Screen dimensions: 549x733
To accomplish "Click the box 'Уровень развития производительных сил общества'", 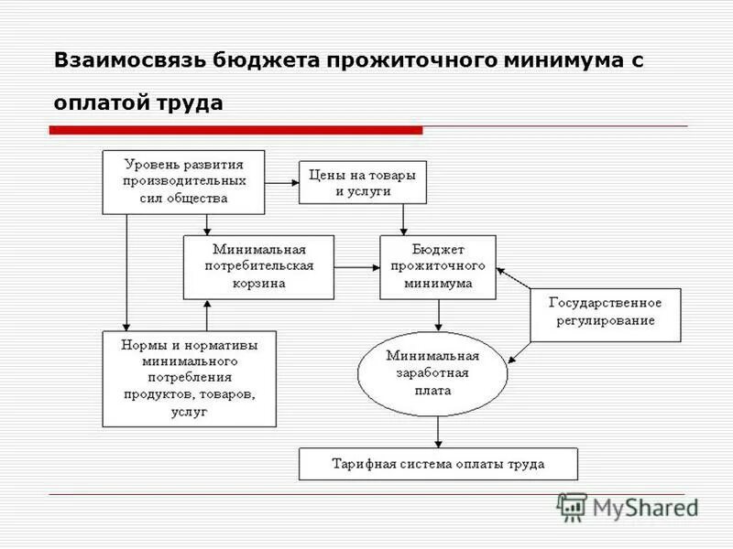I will (183, 181).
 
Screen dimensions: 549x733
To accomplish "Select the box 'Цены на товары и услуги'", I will (363, 182).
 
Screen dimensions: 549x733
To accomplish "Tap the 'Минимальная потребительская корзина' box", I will (258, 266).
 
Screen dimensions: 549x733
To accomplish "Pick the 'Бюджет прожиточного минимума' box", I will (438, 266).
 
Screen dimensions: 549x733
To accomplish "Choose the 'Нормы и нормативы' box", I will (189, 378).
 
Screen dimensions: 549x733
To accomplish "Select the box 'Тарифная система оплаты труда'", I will (438, 464).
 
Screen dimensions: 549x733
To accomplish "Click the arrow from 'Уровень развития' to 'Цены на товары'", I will (282, 181).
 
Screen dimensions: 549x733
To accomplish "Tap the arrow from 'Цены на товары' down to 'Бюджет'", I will (404, 219).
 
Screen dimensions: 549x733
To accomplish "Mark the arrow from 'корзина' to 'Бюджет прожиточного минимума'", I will (357, 267).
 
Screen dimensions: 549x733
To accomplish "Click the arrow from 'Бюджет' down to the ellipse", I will (439, 315).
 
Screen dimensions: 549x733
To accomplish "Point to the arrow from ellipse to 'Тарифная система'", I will (439, 430).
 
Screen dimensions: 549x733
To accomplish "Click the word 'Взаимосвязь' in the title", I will (127, 61).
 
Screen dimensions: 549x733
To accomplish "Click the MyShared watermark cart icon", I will (572, 506).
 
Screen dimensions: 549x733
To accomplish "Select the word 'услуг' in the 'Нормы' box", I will (189, 412).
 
